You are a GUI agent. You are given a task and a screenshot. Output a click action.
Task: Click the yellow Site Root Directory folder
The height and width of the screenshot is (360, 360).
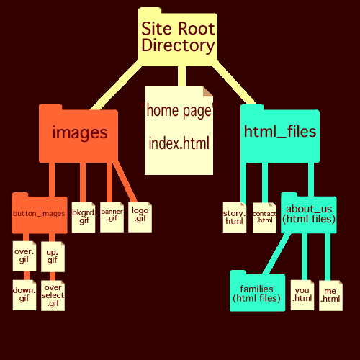click(x=178, y=36)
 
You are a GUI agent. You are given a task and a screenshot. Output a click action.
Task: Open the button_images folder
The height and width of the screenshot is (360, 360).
click(x=40, y=214)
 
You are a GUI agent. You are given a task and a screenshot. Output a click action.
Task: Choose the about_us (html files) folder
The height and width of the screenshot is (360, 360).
click(x=309, y=214)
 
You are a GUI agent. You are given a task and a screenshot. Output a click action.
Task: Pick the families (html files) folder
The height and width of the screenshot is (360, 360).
click(x=258, y=292)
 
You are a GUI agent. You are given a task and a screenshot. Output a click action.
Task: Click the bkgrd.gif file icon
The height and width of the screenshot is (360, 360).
click(x=84, y=217)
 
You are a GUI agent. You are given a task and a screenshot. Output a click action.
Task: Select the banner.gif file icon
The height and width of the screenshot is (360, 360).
click(x=112, y=217)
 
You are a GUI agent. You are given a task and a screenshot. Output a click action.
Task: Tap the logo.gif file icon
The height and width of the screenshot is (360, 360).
click(x=140, y=217)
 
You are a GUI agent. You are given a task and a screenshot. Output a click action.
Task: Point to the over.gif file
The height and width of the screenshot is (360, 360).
click(x=24, y=256)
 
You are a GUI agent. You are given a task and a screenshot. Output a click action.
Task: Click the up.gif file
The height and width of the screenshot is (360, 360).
click(x=53, y=256)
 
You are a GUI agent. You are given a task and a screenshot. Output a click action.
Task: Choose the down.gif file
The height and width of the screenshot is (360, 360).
click(x=24, y=295)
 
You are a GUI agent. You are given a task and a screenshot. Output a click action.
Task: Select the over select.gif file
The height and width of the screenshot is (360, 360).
click(x=53, y=296)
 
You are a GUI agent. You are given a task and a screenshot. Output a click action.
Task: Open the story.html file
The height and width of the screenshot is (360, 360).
click(x=235, y=217)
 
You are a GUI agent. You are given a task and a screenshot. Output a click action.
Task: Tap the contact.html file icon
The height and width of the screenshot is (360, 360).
click(x=264, y=217)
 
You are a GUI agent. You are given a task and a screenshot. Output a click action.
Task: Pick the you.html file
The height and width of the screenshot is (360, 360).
click(x=302, y=295)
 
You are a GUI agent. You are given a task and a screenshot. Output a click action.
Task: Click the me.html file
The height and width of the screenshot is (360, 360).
click(x=330, y=296)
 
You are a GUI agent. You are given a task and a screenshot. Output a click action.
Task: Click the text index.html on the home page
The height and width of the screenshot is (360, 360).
click(x=179, y=143)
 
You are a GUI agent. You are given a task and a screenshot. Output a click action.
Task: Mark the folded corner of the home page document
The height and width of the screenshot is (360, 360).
click(x=208, y=91)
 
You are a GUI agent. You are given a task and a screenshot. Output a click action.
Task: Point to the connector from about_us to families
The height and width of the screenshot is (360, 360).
click(x=276, y=253)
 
